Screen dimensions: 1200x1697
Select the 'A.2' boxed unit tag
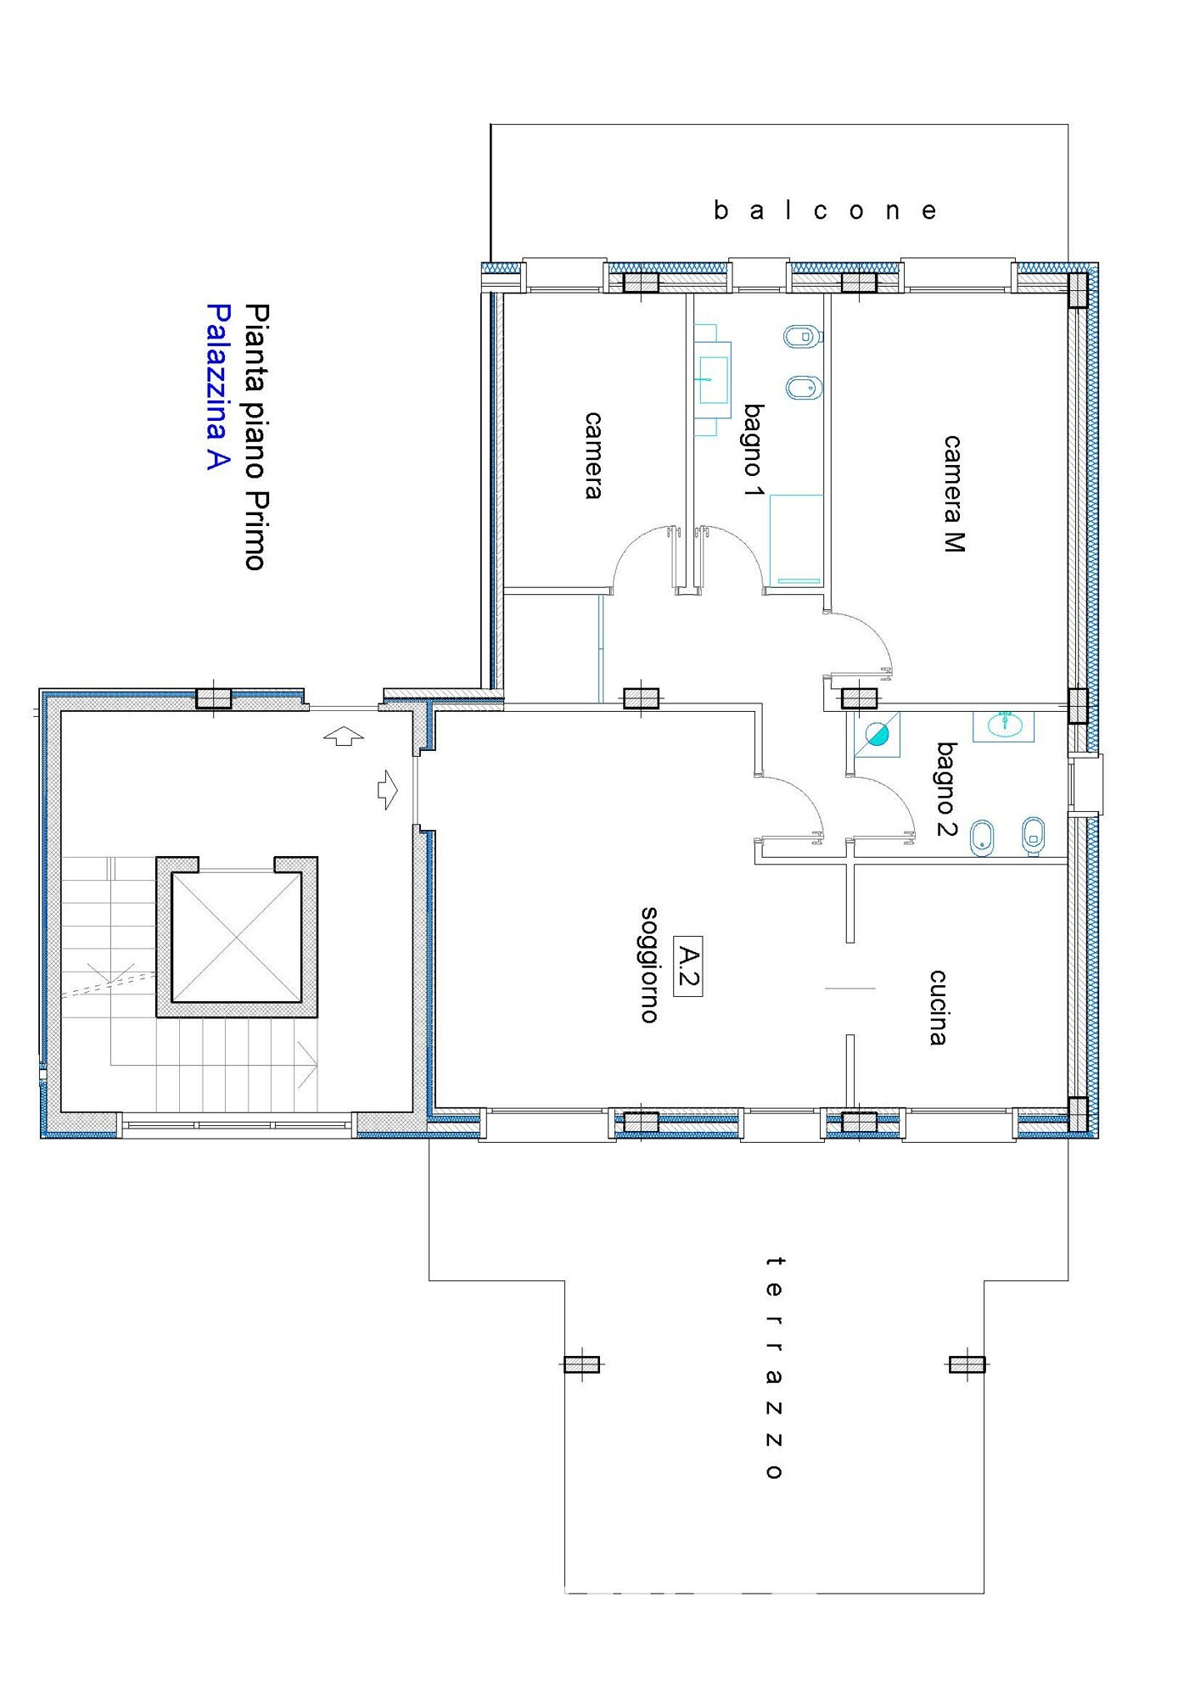pos(687,966)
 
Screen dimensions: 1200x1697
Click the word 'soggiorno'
pos(649,965)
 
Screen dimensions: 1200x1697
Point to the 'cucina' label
pos(938,1007)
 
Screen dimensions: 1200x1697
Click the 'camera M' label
pos(954,494)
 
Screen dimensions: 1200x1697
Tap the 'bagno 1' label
pos(754,451)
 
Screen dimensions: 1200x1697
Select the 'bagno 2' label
pos(947,789)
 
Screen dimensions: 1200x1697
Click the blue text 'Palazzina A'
pos(219,388)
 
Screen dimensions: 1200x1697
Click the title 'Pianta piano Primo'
pos(256,437)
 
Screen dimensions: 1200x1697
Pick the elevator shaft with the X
pos(237,937)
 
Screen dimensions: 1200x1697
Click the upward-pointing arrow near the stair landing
pos(344,736)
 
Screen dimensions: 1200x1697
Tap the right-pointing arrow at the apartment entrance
pos(388,789)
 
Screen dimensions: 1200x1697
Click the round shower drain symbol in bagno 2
pos(878,732)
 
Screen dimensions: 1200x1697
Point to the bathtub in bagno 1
pos(796,540)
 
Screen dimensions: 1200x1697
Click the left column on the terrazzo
pos(582,1364)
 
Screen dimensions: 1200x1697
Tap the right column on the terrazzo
pos(967,1364)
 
